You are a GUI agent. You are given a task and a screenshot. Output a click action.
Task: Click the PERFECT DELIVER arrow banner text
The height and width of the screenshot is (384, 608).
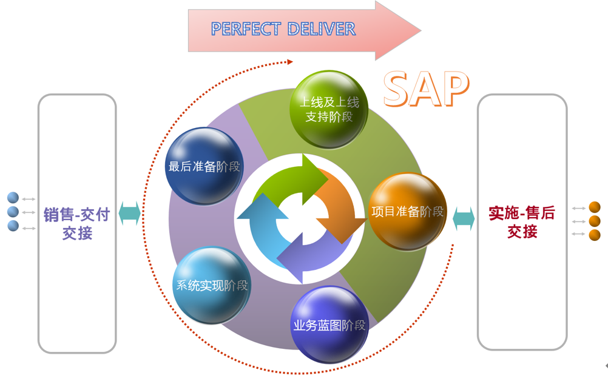point(283,29)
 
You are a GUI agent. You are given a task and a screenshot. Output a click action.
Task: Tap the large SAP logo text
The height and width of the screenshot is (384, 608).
point(427,89)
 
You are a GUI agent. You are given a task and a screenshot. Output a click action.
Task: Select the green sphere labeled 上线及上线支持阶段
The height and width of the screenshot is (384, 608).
point(329,109)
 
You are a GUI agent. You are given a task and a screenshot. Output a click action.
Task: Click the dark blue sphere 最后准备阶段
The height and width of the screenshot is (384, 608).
point(204,166)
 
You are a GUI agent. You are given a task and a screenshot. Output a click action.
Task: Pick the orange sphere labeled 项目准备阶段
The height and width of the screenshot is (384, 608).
point(407,212)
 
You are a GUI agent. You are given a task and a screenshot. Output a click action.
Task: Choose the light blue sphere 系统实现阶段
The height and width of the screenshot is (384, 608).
point(212,285)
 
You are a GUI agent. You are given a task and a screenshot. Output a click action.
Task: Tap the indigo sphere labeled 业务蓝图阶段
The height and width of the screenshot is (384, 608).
point(329,325)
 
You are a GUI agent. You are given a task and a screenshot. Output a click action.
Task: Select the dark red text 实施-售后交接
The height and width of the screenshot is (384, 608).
point(522,222)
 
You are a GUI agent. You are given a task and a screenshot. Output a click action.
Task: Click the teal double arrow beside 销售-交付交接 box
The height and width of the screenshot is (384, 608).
point(130,213)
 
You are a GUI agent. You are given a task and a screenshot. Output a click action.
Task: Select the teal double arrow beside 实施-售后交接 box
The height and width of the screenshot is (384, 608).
point(464,219)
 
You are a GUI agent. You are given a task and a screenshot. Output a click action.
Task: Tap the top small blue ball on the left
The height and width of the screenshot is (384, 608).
point(13,198)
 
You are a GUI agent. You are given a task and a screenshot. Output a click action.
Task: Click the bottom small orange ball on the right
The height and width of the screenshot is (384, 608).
point(595,235)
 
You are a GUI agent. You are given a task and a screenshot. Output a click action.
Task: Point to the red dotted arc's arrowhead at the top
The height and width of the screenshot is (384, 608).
point(289,61)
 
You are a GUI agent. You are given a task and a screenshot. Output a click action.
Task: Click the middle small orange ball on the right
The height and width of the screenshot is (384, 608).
point(595,221)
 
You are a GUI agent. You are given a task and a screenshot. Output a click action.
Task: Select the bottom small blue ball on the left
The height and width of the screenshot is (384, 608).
point(13,226)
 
